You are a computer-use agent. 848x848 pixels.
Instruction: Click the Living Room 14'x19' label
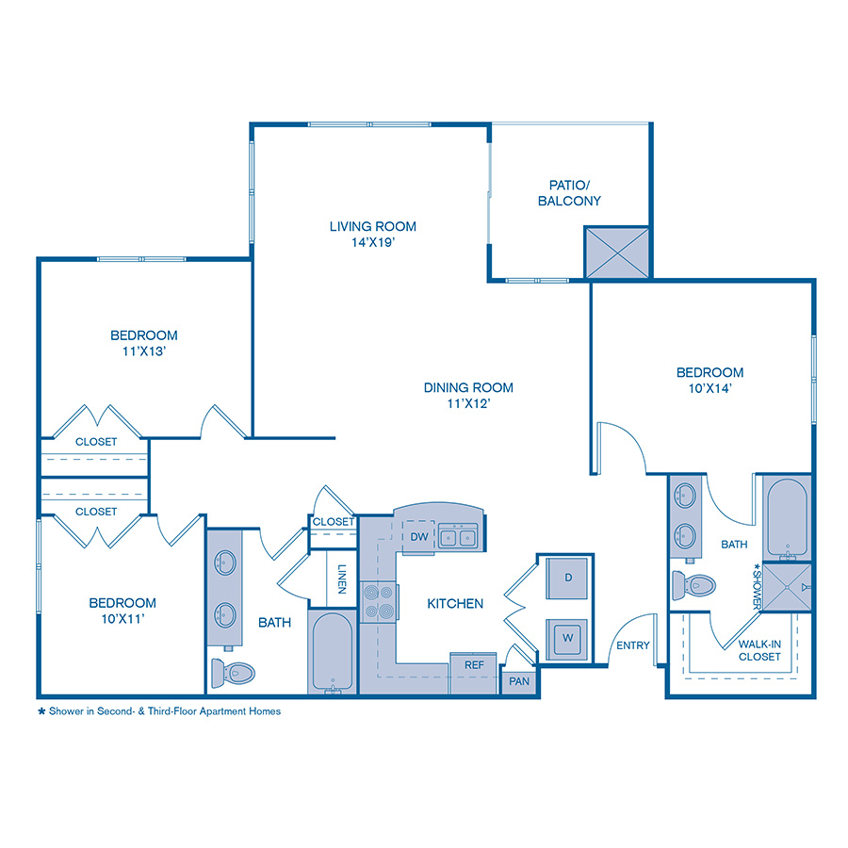[372, 234]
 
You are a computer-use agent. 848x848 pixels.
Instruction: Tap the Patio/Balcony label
[569, 193]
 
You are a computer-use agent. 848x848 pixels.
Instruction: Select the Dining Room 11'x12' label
[468, 395]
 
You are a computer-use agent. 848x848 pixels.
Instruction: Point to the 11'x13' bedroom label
[144, 343]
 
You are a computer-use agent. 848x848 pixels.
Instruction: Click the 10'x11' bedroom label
[122, 611]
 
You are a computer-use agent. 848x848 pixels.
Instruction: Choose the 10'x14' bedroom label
[709, 380]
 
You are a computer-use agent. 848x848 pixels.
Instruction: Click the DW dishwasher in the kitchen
[420, 537]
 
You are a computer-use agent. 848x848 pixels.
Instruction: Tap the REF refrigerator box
[474, 664]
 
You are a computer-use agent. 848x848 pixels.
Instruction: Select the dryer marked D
[568, 578]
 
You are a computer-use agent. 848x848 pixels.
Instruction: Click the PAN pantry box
[519, 680]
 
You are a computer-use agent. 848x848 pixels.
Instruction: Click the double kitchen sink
[458, 538]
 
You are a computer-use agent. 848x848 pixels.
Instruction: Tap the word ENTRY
[633, 645]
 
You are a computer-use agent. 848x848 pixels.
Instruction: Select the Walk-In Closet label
[759, 650]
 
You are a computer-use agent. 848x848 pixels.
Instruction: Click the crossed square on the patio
[617, 253]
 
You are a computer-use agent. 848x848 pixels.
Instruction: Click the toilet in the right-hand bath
[693, 585]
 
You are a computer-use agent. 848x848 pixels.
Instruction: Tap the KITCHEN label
[455, 604]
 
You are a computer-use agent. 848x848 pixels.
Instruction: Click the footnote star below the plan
[41, 711]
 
